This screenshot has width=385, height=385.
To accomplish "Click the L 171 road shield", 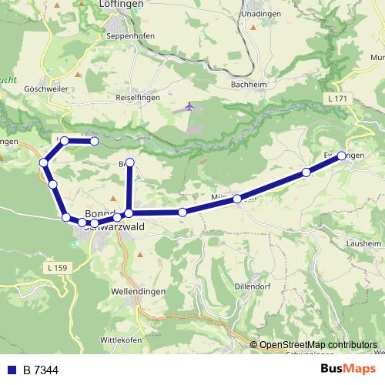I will pos(336,99).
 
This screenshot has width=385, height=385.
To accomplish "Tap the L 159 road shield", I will pos(59,266).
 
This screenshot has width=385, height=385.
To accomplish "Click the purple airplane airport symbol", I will pos(189,106).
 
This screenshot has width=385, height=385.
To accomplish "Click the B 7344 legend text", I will pos(40,370).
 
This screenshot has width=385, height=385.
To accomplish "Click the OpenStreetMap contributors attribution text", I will pos(317,345).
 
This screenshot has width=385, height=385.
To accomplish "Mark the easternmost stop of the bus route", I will pos(342,156).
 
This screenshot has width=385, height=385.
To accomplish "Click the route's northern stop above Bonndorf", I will pos(130,162).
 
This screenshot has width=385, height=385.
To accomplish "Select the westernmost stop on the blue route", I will pos(44,162).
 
